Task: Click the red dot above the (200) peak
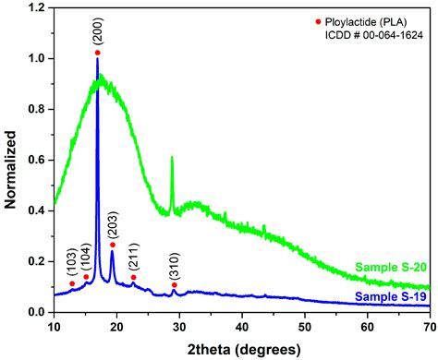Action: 98,53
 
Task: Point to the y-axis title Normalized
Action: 12,161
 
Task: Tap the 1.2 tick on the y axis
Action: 39,8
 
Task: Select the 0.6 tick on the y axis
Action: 39,161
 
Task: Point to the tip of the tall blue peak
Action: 97,60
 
